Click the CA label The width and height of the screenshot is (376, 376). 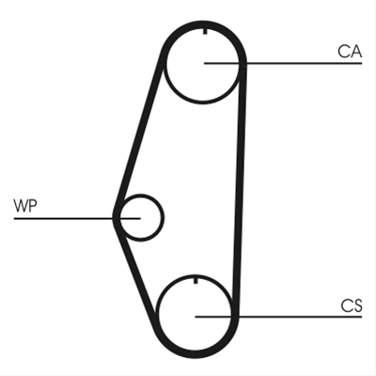(350, 52)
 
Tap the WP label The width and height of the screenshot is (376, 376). (25, 206)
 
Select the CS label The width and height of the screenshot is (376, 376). (352, 305)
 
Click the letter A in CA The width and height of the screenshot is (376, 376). (356, 52)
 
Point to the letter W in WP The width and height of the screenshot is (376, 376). (21, 206)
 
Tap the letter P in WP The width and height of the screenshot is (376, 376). (33, 206)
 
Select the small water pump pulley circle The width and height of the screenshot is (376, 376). (163, 218)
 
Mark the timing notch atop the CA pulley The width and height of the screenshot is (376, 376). (205, 31)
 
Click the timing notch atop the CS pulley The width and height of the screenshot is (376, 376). (196, 280)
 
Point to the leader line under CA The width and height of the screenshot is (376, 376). (283, 64)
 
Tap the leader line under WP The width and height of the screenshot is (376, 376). (77, 218)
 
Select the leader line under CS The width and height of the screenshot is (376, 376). (278, 317)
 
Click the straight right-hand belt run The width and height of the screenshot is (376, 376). (239, 188)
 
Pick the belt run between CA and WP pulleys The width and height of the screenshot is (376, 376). (139, 133)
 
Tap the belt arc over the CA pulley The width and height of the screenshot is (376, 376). (204, 24)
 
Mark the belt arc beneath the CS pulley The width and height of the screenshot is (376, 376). (195, 354)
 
